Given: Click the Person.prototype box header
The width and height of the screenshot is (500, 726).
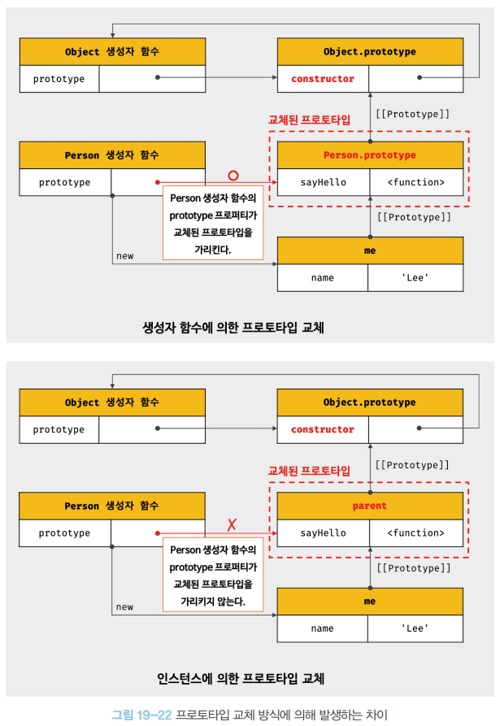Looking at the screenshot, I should [370, 154].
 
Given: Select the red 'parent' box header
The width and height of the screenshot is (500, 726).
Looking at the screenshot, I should [370, 506].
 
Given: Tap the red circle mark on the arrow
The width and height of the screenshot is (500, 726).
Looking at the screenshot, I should [233, 176].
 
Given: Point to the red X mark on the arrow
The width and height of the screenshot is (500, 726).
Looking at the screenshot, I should [232, 524].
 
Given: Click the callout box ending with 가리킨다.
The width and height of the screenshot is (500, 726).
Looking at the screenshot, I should [214, 224].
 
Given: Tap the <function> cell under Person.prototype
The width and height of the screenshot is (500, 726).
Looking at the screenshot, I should [415, 182].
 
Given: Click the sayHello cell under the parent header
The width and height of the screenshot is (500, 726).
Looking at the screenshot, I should [323, 533].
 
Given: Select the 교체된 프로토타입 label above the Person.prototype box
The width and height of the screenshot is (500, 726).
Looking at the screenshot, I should [309, 120].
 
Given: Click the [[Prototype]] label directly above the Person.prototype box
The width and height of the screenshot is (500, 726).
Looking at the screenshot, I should [412, 115].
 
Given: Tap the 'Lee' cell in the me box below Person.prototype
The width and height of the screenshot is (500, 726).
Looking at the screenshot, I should [415, 278].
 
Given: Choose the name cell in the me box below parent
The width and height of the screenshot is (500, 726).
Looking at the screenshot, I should [323, 628].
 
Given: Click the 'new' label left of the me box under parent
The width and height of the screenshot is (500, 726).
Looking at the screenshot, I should [124, 606].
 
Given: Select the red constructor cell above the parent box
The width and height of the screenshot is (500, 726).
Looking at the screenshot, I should [323, 429].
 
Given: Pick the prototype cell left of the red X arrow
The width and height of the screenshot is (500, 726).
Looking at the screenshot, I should [65, 533].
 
